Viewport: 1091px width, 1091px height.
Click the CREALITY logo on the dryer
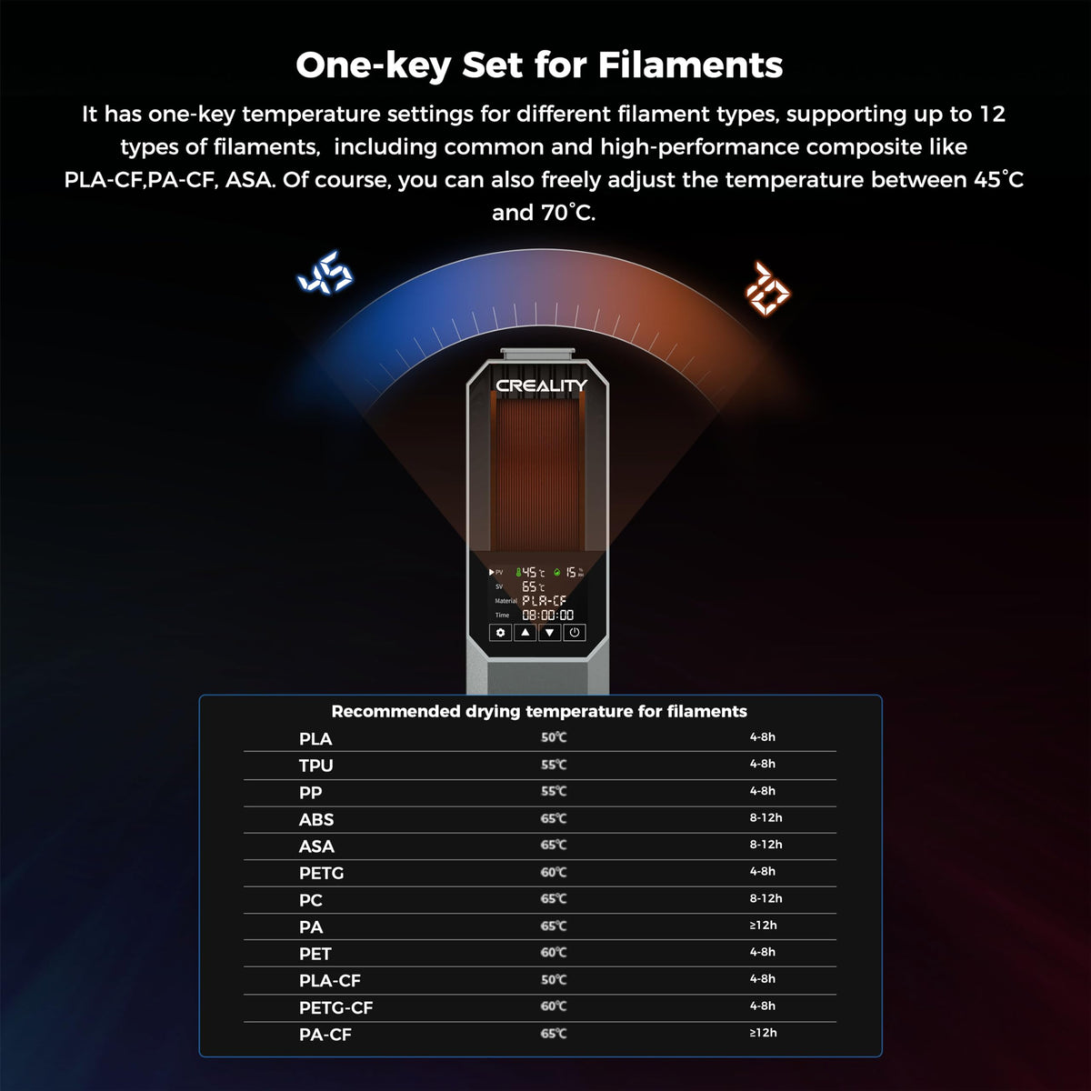(x=541, y=385)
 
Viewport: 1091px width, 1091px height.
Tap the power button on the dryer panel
(x=574, y=633)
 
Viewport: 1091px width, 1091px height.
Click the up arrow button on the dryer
(x=525, y=633)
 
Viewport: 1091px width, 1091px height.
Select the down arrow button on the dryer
(x=549, y=633)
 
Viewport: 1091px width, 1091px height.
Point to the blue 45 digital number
(x=325, y=273)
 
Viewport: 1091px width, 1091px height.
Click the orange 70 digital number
(x=767, y=287)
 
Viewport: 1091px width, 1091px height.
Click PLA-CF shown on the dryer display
(x=544, y=600)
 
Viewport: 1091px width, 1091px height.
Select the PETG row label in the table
(x=321, y=873)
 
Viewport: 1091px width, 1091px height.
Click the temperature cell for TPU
(x=553, y=765)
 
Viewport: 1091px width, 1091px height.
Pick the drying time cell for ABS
(x=766, y=817)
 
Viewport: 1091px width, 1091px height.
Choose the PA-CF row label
(x=325, y=1035)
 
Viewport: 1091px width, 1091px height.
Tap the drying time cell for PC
(x=766, y=898)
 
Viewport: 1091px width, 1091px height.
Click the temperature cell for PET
(x=553, y=952)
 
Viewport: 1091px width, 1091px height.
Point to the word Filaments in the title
(x=690, y=65)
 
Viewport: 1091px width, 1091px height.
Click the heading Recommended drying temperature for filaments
(x=539, y=711)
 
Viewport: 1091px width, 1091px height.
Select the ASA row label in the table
(x=316, y=846)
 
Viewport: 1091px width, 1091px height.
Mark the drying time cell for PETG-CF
(x=762, y=1006)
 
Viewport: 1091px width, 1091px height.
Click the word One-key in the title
(x=373, y=66)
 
